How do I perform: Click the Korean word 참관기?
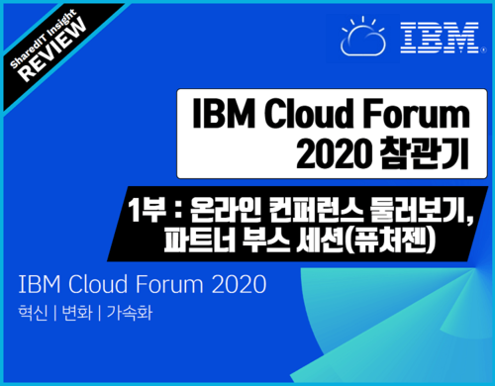(x=424, y=154)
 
